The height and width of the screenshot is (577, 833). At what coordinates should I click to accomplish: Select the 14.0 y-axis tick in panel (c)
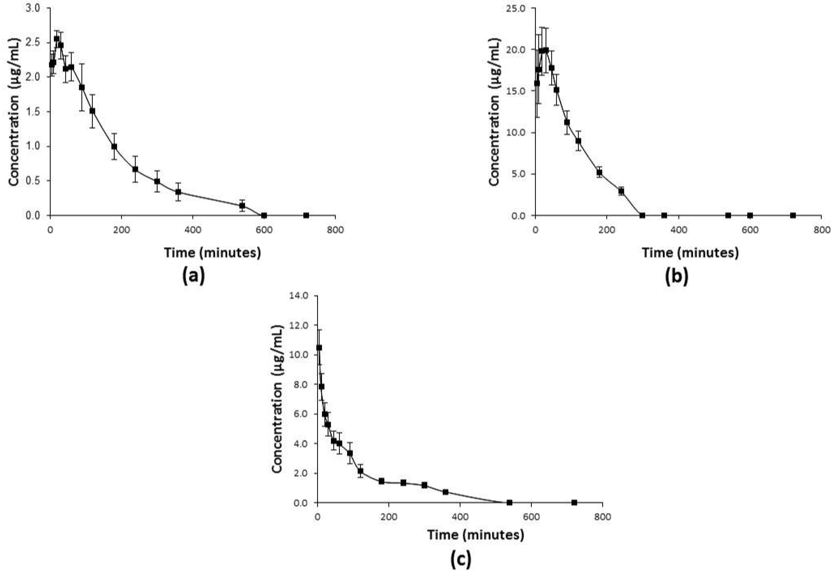299,296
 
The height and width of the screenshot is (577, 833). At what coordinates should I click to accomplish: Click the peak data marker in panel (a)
57,39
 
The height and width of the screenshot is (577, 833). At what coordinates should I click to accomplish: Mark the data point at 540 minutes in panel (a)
242,206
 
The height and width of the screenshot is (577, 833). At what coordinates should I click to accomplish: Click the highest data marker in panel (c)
319,347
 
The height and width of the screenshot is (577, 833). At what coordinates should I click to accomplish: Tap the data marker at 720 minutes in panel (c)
574,502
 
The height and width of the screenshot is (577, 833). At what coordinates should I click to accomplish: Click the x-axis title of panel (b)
690,253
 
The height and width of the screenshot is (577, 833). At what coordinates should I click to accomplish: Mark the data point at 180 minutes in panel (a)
114,146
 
